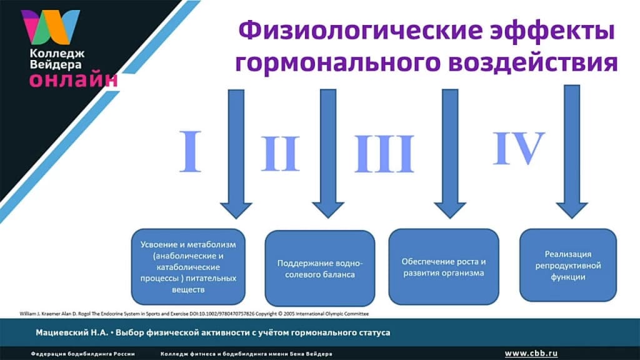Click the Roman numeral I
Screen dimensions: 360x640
point(191,151)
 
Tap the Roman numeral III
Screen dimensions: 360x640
point(384,154)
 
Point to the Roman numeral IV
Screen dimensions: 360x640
point(518,148)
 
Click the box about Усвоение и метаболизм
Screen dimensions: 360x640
point(188,266)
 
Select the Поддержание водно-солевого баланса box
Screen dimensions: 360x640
point(319,268)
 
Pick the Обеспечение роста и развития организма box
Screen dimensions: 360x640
point(443,267)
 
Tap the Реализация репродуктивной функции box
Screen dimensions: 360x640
point(568,265)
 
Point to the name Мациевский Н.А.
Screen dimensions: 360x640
point(69,332)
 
